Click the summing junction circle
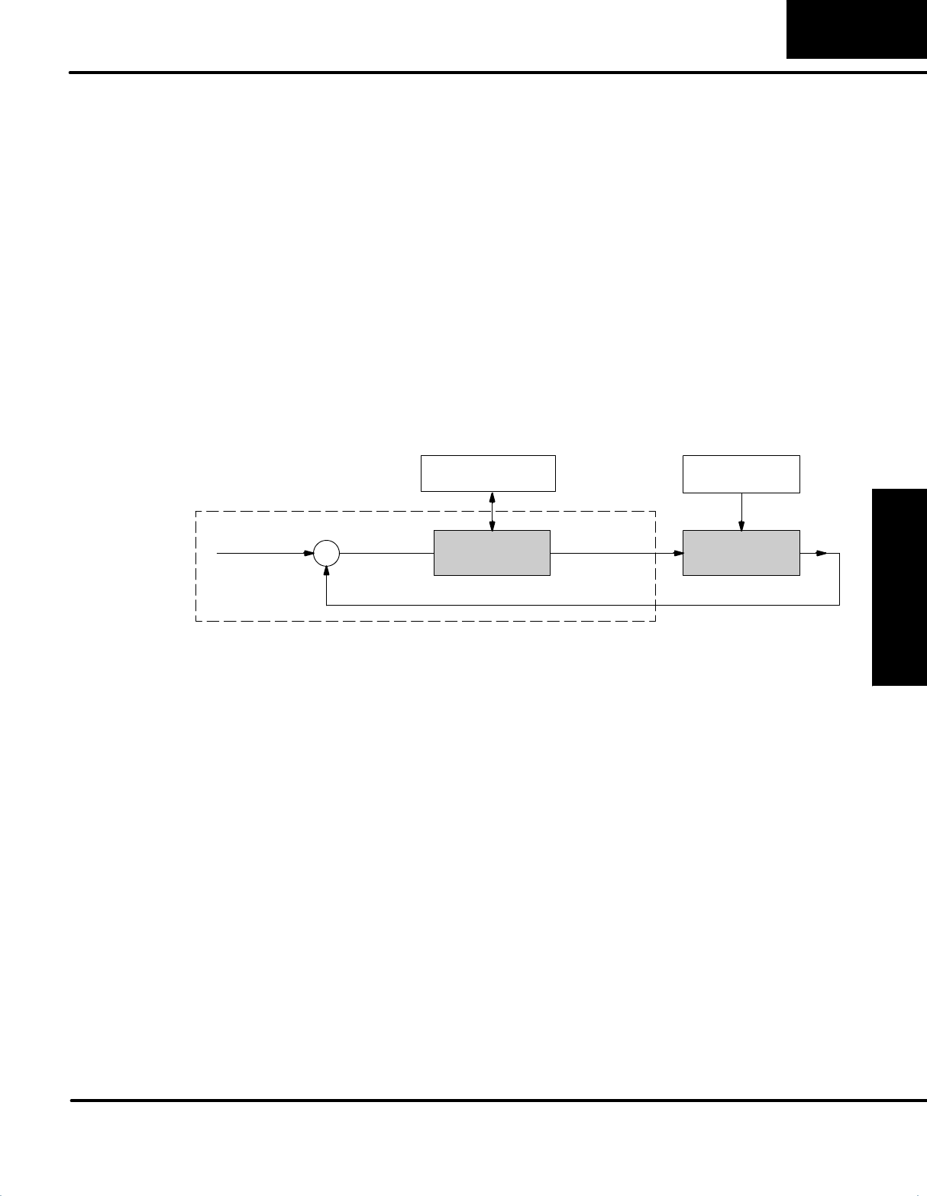click(327, 553)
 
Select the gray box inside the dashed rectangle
click(492, 552)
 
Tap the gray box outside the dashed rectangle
click(741, 552)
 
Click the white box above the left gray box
click(488, 474)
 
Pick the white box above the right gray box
click(741, 474)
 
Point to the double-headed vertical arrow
click(493, 511)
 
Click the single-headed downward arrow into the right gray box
click(741, 512)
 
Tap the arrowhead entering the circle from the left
click(308, 553)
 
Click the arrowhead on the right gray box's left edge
click(677, 553)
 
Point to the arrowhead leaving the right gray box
click(822, 553)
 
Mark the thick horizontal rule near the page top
click(496, 73)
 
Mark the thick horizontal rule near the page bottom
click(496, 1101)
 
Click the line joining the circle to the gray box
click(386, 553)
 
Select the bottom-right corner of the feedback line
click(840, 605)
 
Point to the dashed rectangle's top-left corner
click(196, 511)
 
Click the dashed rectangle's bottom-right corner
click(656, 621)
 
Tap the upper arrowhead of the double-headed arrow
click(493, 497)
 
